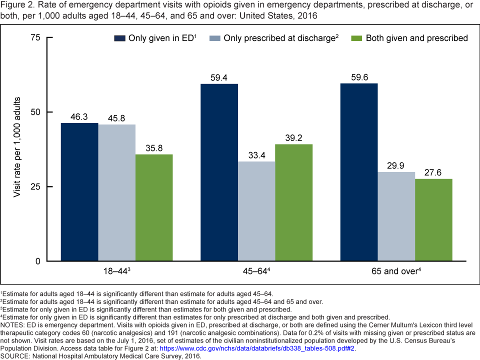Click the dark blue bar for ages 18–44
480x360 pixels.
click(x=79, y=192)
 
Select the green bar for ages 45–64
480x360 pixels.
click(x=293, y=202)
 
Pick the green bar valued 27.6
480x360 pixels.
click(x=433, y=220)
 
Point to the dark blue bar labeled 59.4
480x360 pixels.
click(x=219, y=172)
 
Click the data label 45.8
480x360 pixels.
click(x=117, y=118)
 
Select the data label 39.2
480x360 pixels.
click(x=293, y=137)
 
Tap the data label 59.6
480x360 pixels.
click(x=358, y=77)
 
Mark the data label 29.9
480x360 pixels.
click(x=396, y=165)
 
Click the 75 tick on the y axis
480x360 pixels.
click(x=36, y=37)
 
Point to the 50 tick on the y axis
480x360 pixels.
click(x=36, y=112)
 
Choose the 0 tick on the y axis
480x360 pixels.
click(x=38, y=261)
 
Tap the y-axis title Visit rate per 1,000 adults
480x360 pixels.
click(x=17, y=149)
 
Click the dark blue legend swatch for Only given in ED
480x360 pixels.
click(x=119, y=38)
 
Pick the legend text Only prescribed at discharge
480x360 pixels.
click(x=280, y=38)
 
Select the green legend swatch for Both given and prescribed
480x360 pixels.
click(x=356, y=38)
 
